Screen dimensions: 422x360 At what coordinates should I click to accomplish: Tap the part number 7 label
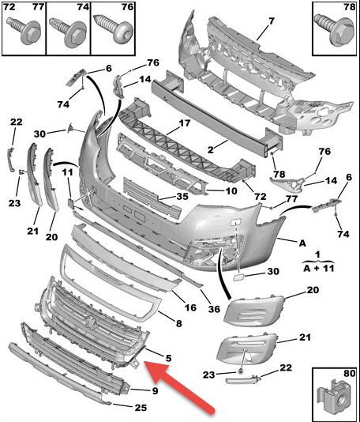pos(271,19)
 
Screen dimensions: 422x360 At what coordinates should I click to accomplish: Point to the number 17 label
pos(184,123)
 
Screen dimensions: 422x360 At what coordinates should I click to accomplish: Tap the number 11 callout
pos(68,171)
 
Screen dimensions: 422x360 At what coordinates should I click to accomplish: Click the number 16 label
pos(190,307)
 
